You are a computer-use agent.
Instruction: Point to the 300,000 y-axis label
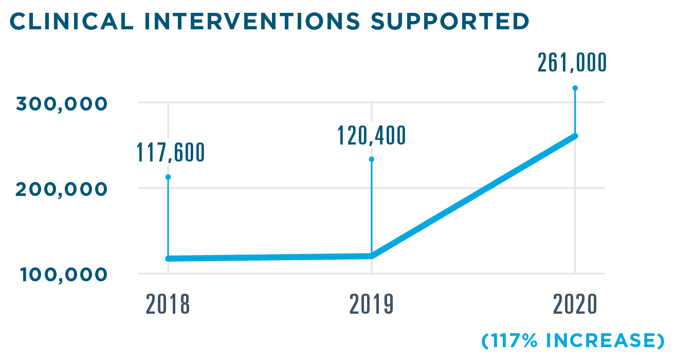[62, 103]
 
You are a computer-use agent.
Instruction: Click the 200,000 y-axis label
[62, 189]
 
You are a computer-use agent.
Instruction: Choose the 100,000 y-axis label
[64, 275]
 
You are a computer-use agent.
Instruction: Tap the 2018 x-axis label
[168, 304]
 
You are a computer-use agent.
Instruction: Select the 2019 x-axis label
[371, 304]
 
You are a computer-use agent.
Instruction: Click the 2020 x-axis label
[575, 304]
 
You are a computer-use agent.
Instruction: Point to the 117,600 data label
[170, 152]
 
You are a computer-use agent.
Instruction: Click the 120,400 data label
[371, 135]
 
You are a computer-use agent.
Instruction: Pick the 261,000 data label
[572, 63]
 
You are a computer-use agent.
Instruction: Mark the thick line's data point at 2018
[169, 258]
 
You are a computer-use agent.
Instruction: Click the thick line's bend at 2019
[372, 256]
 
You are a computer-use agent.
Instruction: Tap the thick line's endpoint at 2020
[575, 136]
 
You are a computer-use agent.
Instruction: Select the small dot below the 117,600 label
[168, 177]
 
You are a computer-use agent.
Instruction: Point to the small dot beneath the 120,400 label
[372, 159]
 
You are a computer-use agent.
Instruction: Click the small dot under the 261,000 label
[575, 88]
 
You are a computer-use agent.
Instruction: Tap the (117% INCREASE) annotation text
[572, 340]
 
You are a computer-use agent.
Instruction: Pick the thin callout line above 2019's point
[372, 206]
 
